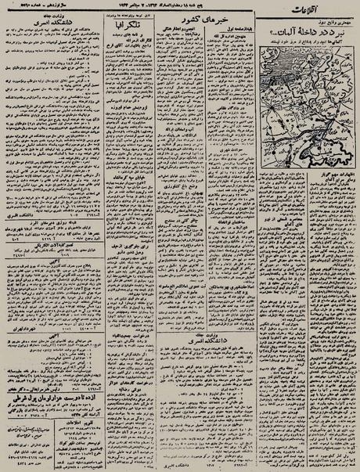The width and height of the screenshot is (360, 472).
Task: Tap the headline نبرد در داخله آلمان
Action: (304, 32)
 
